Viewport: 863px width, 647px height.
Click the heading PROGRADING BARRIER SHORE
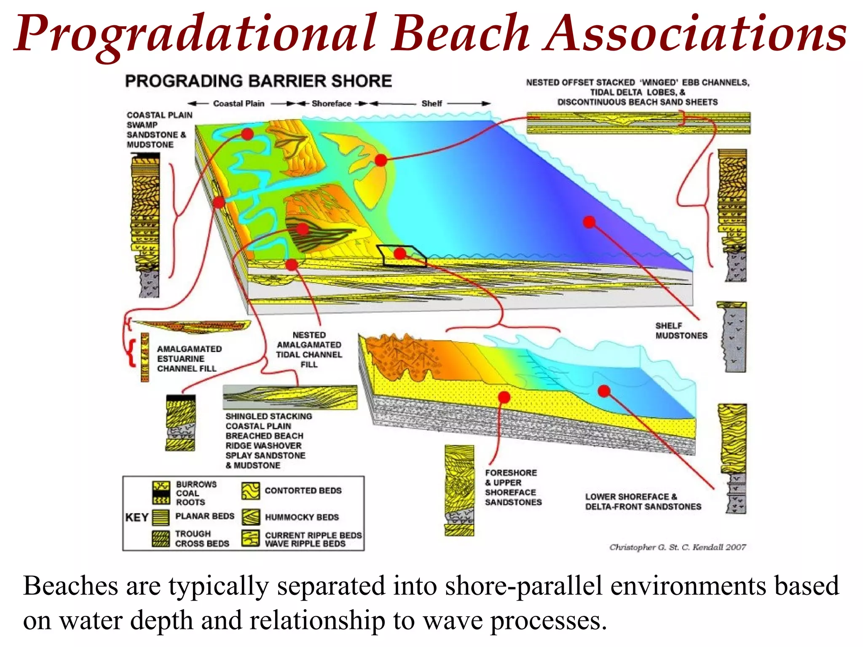tap(258, 81)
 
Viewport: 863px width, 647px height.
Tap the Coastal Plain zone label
tap(239, 104)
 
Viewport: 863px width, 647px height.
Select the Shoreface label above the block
tap(331, 104)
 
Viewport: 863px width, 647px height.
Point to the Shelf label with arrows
tap(431, 104)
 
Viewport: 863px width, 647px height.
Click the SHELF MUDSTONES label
tap(681, 331)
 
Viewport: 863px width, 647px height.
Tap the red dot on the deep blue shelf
tap(589, 222)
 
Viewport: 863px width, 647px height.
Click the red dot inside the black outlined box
tap(400, 254)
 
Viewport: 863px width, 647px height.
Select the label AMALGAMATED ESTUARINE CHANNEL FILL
tap(189, 358)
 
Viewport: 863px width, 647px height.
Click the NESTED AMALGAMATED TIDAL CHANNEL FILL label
tap(309, 350)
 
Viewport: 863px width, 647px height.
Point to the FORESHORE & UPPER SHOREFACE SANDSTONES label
tap(513, 487)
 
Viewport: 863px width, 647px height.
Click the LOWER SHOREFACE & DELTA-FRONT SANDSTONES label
tap(643, 502)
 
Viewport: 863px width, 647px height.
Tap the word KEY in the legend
tap(137, 517)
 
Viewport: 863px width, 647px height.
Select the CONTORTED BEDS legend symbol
tap(251, 491)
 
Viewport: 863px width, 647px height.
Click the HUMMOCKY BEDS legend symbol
tap(251, 517)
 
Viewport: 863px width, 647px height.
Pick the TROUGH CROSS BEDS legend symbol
tap(161, 539)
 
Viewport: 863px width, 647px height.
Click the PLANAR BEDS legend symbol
tap(161, 517)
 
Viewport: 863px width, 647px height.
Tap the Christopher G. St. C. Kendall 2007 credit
tap(677, 547)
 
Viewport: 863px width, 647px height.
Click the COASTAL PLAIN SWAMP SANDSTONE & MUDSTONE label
tap(159, 130)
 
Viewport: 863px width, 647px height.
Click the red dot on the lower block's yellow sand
tap(504, 397)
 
